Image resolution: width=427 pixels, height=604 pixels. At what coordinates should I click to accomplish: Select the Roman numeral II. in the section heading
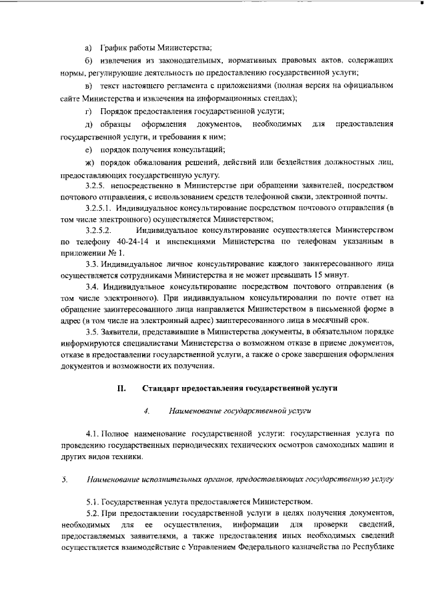click(121, 388)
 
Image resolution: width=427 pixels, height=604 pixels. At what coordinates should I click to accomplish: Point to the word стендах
click(279, 97)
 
